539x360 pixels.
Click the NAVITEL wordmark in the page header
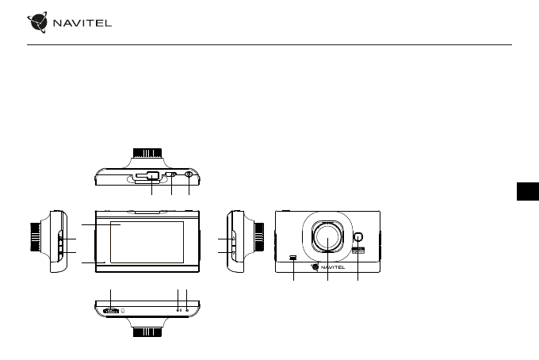(x=82, y=23)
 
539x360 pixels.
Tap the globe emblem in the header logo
(x=37, y=22)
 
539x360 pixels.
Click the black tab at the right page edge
(x=528, y=191)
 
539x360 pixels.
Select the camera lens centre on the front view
(x=327, y=237)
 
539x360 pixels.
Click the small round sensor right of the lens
(x=357, y=237)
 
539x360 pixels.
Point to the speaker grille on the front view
(x=293, y=257)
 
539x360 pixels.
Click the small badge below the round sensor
(x=358, y=251)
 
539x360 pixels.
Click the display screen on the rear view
(x=147, y=242)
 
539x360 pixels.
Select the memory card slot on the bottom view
(x=111, y=311)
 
